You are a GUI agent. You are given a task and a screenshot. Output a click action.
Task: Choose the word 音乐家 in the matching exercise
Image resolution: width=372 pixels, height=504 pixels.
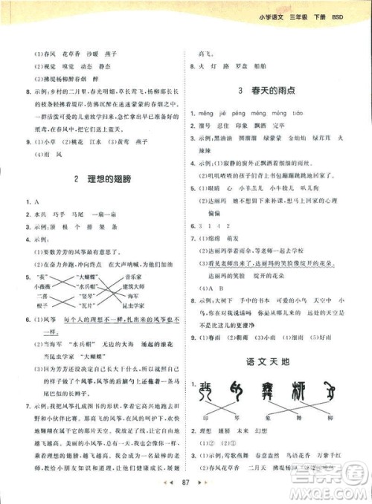point(135,276)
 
